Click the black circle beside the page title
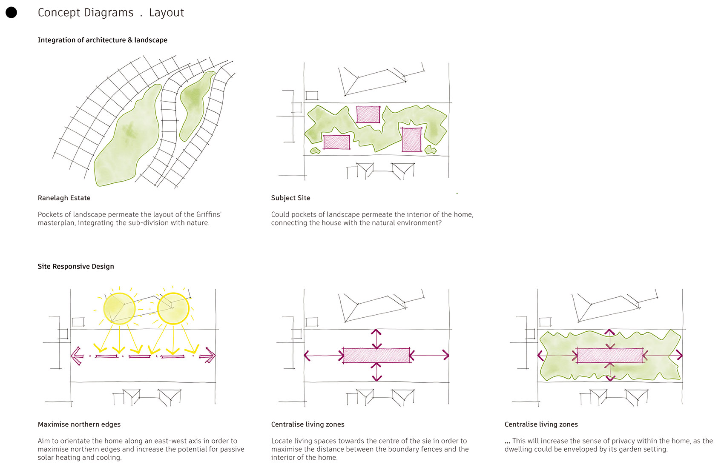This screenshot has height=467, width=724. [11, 13]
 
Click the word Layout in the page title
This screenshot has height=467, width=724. [167, 13]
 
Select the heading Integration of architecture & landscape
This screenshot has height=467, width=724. [102, 40]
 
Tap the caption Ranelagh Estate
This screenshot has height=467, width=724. [64, 198]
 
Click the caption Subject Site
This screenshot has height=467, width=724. [290, 198]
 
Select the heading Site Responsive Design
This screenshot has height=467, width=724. [76, 266]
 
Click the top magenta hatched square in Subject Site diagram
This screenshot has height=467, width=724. [368, 114]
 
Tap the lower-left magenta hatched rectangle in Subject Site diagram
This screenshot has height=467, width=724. [336, 142]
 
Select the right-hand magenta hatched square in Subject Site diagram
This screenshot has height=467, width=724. [412, 140]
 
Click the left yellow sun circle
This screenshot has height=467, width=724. [119, 308]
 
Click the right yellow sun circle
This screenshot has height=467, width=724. [173, 308]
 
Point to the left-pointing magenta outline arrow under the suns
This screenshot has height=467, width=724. [77, 356]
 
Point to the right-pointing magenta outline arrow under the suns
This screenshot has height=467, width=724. [209, 356]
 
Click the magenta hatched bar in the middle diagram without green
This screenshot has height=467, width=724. [376, 356]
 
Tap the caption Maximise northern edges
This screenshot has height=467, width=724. [79, 424]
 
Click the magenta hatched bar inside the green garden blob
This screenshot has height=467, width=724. [609, 356]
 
